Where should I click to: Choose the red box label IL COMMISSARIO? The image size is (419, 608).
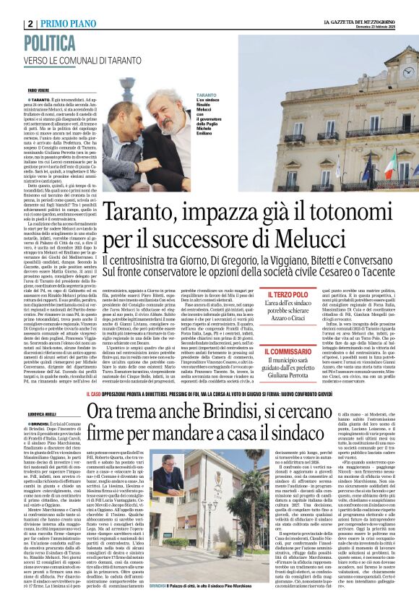291,349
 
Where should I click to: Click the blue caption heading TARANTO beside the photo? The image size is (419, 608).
204,95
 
